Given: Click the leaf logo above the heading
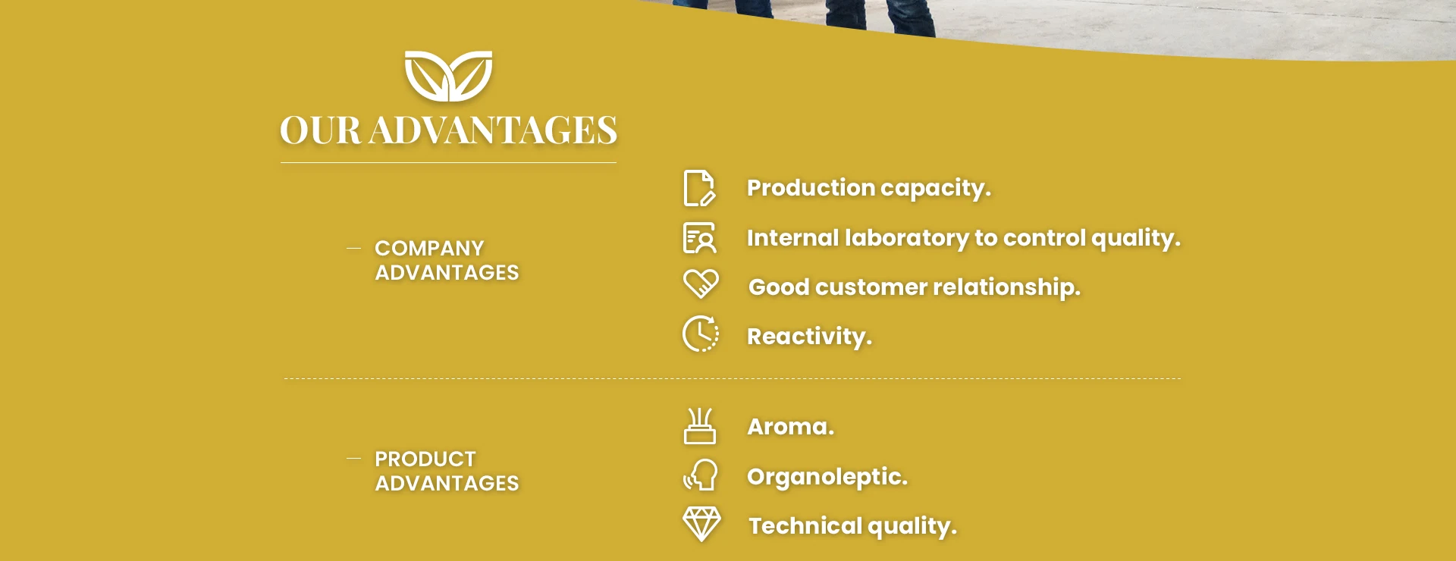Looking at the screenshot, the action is tap(448, 76).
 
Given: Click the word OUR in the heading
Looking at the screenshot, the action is tap(320, 130).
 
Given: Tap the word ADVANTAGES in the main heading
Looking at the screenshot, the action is tap(493, 130).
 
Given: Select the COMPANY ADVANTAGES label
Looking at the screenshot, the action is tap(447, 260).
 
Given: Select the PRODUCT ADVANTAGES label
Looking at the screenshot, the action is tap(447, 471).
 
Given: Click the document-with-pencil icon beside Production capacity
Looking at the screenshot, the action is tap(698, 188).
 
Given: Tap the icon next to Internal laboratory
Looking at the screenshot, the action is tap(699, 237).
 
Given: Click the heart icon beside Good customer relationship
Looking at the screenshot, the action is tap(700, 284).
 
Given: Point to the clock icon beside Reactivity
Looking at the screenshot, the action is tap(700, 334).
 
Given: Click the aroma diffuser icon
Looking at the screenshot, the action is tap(699, 426).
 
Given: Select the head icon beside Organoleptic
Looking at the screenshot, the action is tap(700, 475).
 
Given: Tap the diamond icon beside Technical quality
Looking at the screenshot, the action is tap(701, 524).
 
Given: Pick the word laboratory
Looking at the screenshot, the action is tap(906, 238).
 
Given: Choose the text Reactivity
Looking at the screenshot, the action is tap(809, 337).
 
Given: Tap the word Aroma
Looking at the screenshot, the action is tap(790, 427).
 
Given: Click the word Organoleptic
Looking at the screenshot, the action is tap(827, 477).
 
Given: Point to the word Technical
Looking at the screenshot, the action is tap(805, 525).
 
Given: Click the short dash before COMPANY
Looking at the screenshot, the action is tap(353, 248).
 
